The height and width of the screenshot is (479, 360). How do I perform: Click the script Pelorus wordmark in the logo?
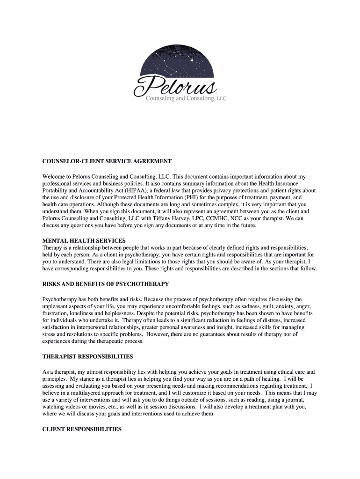pyautogui.click(x=175, y=87)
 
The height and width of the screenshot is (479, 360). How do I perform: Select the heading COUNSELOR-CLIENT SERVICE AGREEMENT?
pyautogui.click(x=107, y=161)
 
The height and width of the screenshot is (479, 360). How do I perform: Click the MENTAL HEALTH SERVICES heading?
pyautogui.click(x=84, y=240)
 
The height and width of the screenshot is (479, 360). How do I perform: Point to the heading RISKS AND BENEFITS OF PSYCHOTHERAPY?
pyautogui.click(x=106, y=284)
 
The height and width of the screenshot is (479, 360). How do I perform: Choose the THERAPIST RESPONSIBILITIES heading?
pyautogui.click(x=88, y=356)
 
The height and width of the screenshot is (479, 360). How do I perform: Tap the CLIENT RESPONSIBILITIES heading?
pyautogui.click(x=82, y=429)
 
